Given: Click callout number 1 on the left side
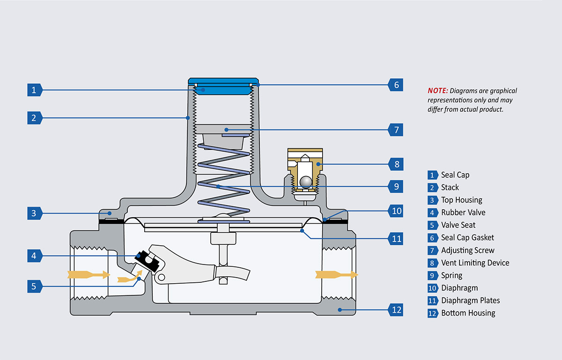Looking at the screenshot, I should (34, 90).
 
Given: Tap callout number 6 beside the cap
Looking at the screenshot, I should (396, 85).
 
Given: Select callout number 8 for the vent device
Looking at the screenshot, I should (396, 164).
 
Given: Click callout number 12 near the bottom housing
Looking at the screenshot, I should (396, 310).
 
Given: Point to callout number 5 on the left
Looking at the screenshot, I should (34, 286).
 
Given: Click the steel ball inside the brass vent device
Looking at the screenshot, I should (305, 182).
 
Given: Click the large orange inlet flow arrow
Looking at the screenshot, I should (88, 274).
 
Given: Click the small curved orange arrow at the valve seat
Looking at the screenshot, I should (129, 279).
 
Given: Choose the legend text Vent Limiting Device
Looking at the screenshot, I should (475, 263).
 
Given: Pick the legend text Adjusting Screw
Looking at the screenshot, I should (467, 250).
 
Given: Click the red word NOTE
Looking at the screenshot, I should (437, 91).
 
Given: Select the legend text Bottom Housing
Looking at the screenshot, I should (468, 313).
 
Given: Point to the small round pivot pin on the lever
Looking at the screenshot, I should (161, 278).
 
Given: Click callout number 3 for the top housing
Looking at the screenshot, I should (34, 214).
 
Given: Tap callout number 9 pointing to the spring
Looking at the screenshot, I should (396, 186).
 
